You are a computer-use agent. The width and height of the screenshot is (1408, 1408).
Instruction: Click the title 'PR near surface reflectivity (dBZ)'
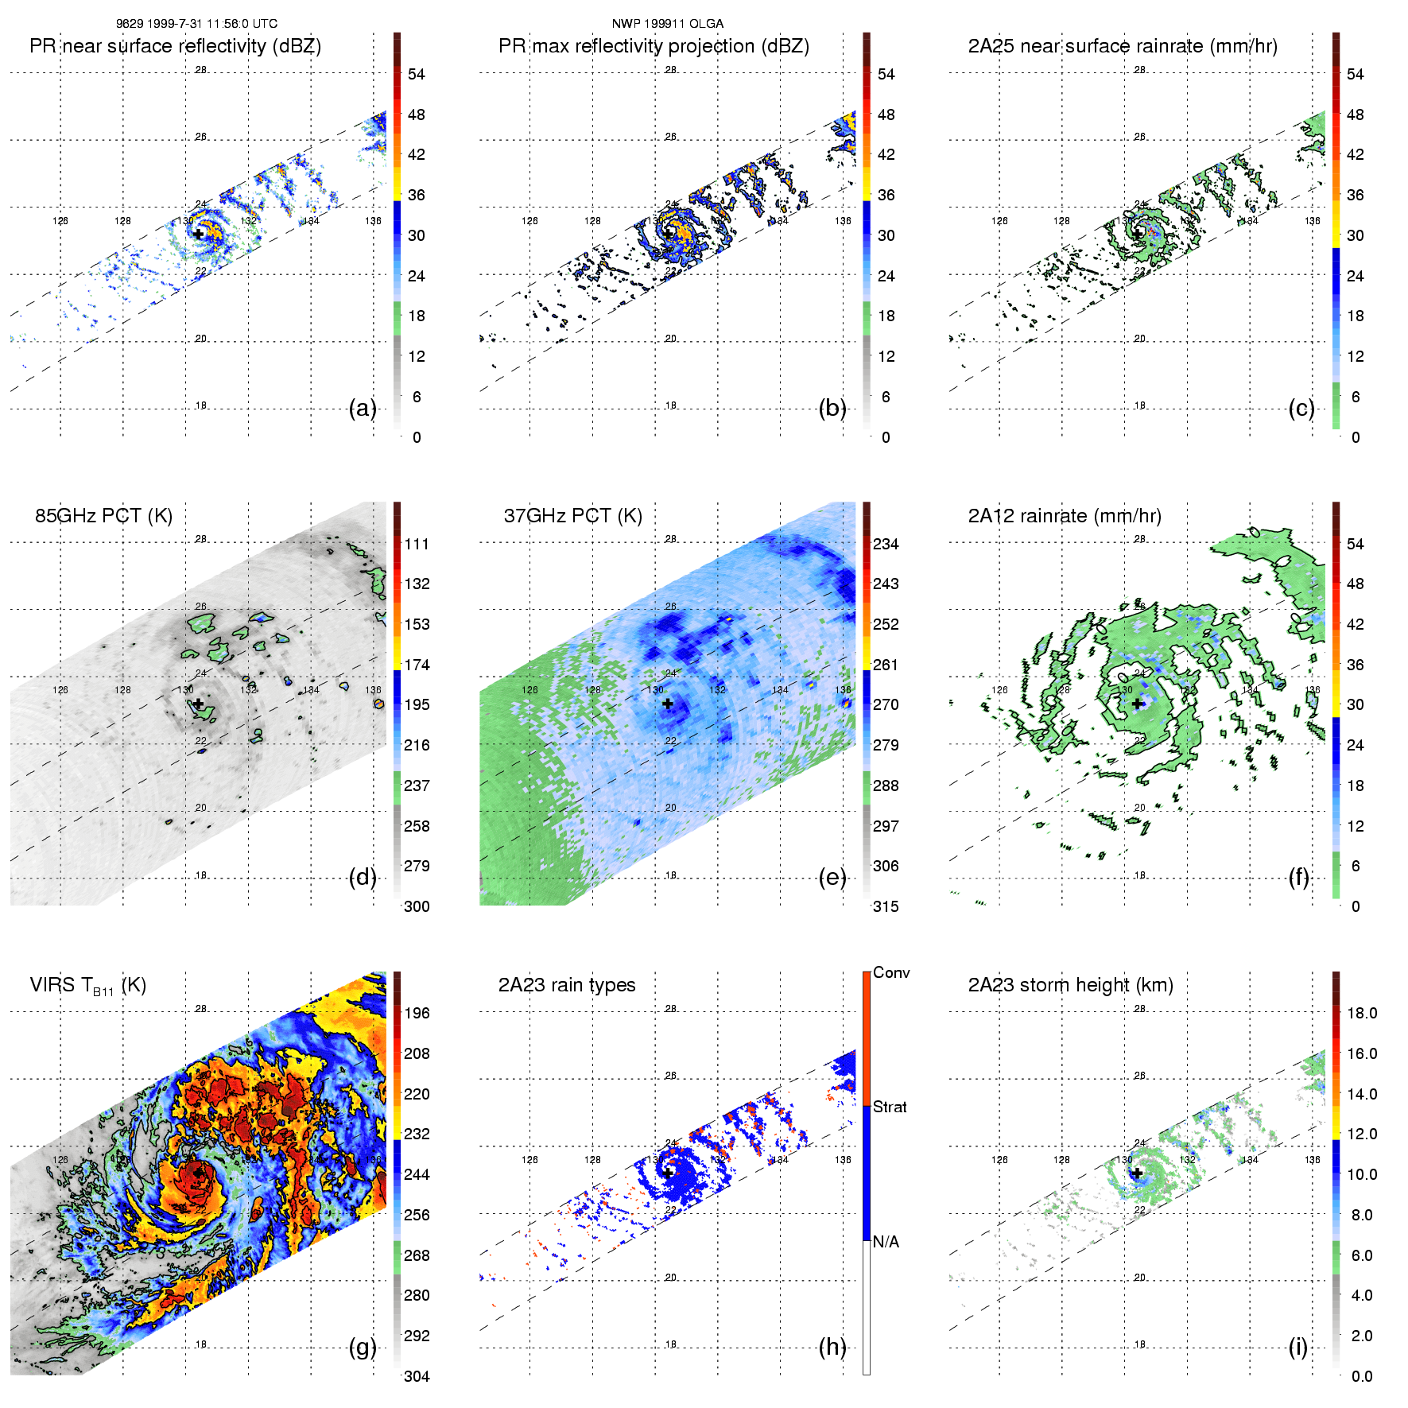pos(175,46)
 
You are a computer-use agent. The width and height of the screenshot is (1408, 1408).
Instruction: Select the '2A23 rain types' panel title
pos(566,985)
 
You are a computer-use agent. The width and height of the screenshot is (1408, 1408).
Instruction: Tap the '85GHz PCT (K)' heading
pos(103,516)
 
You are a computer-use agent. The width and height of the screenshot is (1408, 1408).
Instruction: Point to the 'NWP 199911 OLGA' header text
pos(667,24)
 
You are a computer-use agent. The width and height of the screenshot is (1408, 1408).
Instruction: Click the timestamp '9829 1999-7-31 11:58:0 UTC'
pos(196,24)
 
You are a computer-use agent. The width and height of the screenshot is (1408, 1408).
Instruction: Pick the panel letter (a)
pos(363,409)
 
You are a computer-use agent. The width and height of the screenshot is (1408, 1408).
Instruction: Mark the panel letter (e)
pos(832,878)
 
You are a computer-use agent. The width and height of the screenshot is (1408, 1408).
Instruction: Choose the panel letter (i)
pos(1297,1347)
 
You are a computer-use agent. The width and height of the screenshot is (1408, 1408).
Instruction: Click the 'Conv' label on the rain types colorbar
pos(891,972)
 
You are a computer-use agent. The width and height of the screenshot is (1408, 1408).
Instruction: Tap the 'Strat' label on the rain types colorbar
pos(890,1107)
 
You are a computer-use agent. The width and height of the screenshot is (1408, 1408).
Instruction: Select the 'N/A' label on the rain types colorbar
pos(886,1242)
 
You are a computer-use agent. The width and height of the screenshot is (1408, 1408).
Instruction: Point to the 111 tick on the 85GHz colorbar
pos(417,544)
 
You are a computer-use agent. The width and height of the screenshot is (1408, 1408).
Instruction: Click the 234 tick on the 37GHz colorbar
pos(886,544)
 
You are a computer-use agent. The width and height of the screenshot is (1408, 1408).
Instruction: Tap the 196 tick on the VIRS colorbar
pos(417,1013)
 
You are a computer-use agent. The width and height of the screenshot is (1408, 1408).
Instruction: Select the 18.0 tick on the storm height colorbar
pos(1361,1013)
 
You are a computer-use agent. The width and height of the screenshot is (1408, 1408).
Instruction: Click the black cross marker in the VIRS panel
pos(198,1173)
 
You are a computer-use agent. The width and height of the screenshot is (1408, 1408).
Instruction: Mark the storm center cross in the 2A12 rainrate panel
pos(1138,704)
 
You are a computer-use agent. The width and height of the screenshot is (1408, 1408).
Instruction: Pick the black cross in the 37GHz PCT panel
pos(668,704)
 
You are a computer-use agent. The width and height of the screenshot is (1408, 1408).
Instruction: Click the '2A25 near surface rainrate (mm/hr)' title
pos(1123,46)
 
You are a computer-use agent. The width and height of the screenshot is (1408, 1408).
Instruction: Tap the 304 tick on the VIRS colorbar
pos(417,1376)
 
